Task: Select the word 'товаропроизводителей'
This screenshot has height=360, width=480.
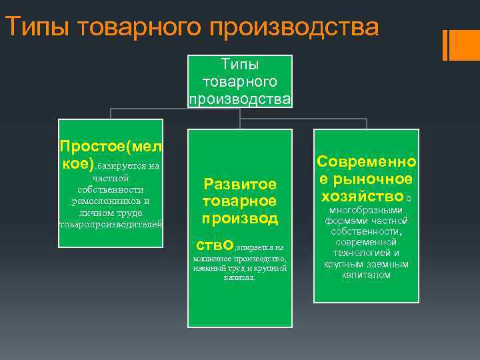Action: (111, 225)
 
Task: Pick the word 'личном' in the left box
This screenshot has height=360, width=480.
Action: (95, 213)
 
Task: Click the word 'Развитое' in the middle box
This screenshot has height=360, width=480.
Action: (239, 184)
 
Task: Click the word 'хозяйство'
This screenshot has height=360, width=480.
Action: (362, 196)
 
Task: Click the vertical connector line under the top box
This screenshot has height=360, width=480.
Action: (239, 114)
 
